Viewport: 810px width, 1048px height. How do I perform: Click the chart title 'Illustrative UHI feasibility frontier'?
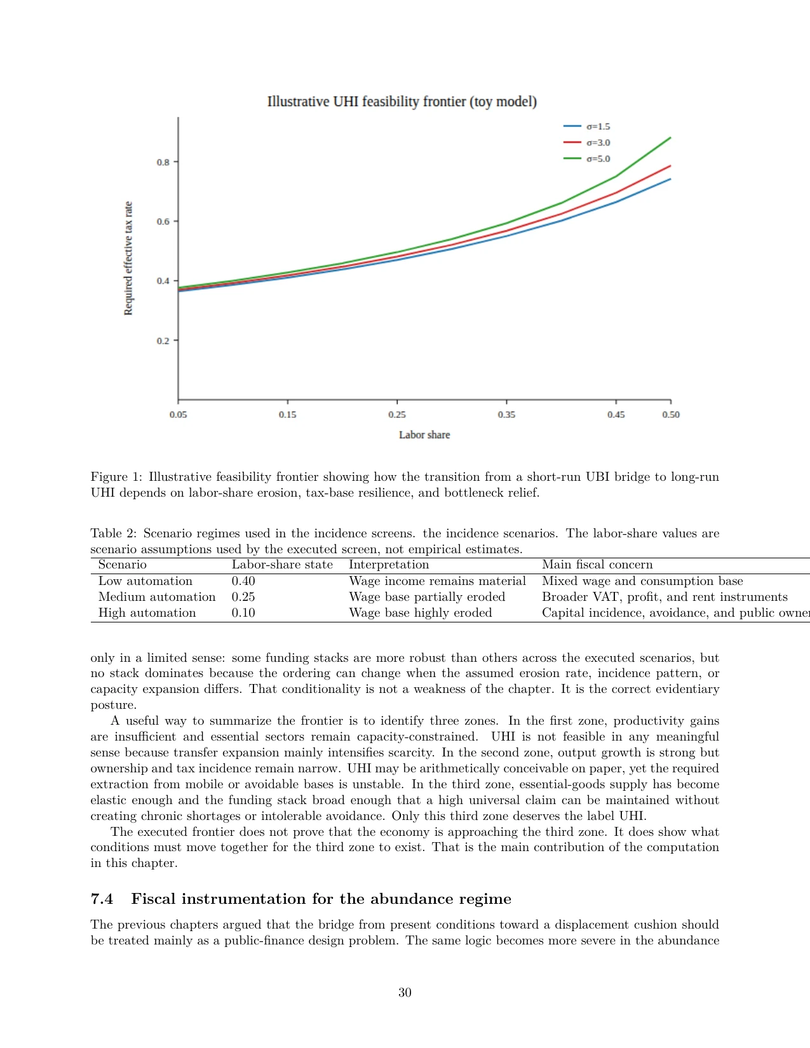coord(402,102)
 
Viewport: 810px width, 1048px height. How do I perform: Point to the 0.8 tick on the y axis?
coord(163,162)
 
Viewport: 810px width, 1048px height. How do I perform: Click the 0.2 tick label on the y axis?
coord(163,340)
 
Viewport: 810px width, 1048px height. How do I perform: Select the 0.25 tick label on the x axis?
coord(397,415)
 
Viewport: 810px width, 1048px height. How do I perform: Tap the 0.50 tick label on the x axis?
coord(671,415)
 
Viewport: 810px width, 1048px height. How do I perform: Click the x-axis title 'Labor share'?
coord(424,435)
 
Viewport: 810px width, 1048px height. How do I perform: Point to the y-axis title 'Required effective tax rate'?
coord(128,258)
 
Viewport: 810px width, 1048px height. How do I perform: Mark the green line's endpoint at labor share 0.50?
coord(670,137)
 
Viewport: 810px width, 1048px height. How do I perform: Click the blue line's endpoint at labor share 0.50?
coord(670,179)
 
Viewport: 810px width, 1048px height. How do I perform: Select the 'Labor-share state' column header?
coord(282,565)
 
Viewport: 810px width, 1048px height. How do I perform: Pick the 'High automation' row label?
coord(147,613)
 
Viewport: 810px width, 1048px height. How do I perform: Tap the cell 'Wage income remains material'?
coord(437,581)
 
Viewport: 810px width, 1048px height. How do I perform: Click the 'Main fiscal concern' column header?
coord(597,565)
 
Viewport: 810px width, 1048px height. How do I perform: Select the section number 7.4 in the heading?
coord(102,899)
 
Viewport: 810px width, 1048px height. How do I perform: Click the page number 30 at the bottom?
coord(405,993)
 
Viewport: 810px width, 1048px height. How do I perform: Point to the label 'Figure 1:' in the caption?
coord(116,477)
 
